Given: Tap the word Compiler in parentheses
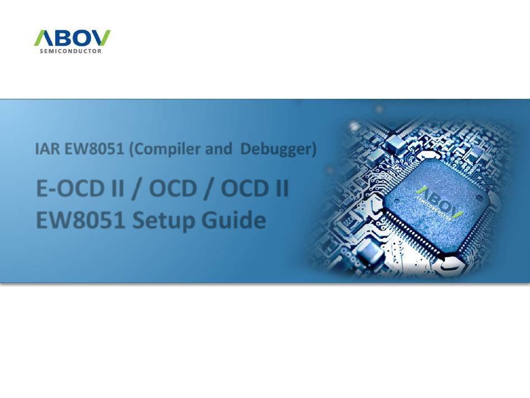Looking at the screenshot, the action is (165, 150).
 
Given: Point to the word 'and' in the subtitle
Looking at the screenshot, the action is (219, 149).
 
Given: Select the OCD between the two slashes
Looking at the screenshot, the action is (173, 188).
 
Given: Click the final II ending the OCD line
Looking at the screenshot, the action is (282, 188).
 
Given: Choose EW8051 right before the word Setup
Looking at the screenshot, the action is (80, 220).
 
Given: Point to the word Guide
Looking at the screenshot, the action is (234, 220).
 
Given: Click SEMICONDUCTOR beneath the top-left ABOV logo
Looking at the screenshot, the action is (71, 51).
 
